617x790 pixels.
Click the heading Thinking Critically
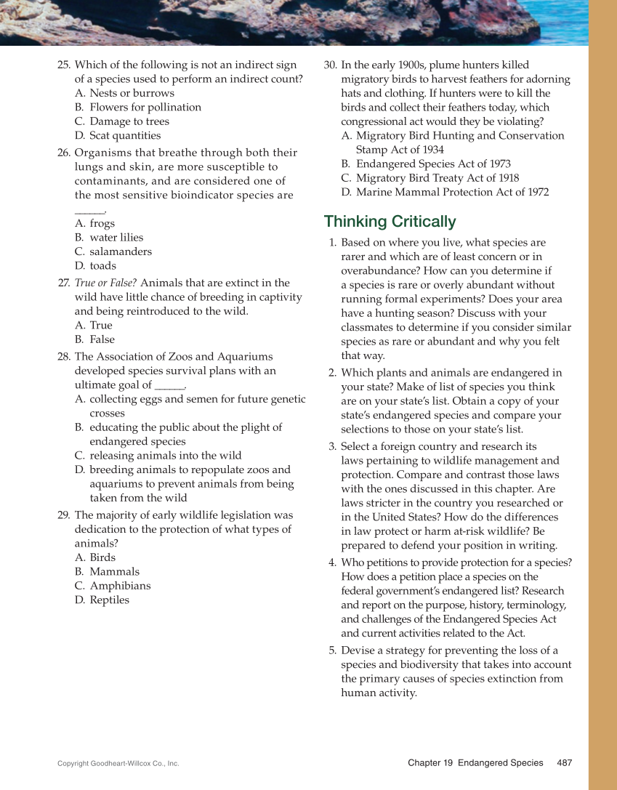(390, 222)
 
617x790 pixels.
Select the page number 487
(564, 762)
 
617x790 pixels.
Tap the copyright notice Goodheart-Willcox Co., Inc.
(118, 763)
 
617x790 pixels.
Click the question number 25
(63, 65)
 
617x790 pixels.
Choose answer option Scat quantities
(124, 135)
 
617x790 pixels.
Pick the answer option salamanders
(121, 251)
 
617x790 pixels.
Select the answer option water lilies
(116, 238)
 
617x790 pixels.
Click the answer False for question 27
(102, 339)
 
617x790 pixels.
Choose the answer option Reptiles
(109, 600)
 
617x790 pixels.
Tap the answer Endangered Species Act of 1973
(433, 164)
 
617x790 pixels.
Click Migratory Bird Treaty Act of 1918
(437, 178)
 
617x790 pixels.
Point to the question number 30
(330, 65)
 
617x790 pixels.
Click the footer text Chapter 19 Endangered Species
(475, 762)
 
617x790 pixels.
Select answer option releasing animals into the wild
(165, 456)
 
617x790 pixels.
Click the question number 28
(63, 356)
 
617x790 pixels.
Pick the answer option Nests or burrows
(132, 93)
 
